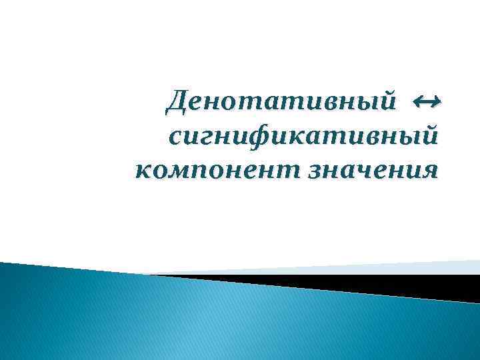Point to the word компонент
pos(217,171)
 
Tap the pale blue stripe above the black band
pos(400,267)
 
